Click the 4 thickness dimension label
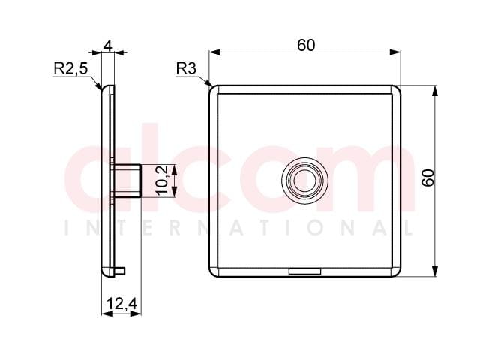(108, 46)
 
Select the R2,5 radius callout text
(70, 68)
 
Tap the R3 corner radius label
(186, 68)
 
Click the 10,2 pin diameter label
(162, 181)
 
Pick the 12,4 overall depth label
(122, 304)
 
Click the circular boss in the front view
(304, 181)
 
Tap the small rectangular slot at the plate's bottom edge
(304, 271)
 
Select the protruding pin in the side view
(127, 181)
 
